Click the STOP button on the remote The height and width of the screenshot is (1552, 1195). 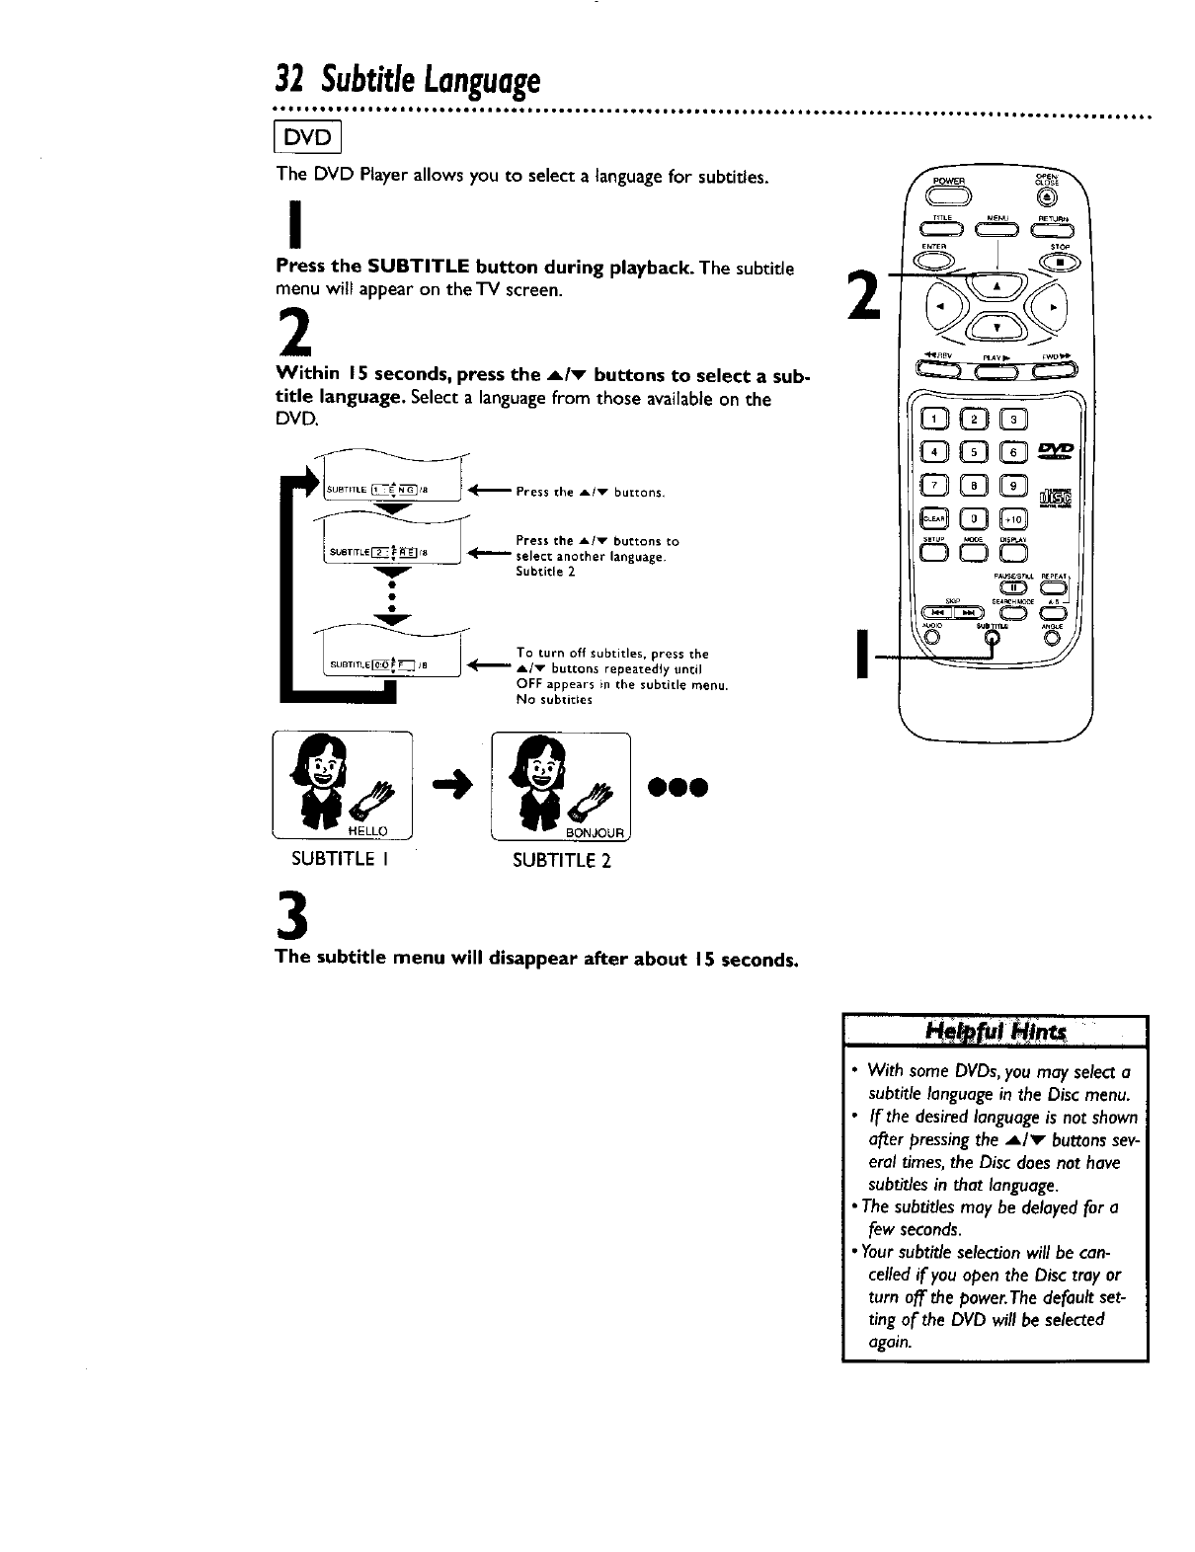pos(1063,262)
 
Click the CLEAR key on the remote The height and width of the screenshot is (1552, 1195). pos(932,519)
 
